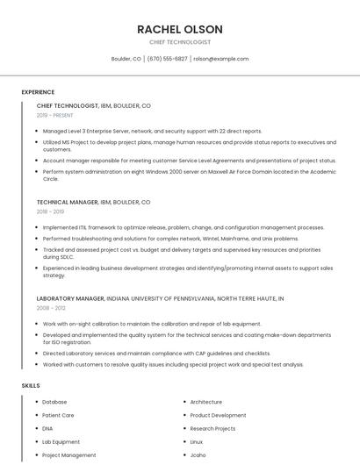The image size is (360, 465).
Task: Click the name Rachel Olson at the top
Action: (x=179, y=29)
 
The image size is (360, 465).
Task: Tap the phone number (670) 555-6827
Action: (x=167, y=59)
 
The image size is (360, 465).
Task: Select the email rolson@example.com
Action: (x=220, y=59)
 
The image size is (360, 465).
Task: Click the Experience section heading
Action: (x=38, y=92)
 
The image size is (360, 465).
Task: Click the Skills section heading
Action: (x=31, y=385)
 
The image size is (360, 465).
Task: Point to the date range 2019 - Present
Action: (x=54, y=115)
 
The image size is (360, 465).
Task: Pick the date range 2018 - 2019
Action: (x=50, y=211)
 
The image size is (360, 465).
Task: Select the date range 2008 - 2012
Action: (x=50, y=308)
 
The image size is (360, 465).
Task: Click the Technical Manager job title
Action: (x=67, y=202)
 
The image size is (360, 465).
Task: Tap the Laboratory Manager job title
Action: (x=69, y=298)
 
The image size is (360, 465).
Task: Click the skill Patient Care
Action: (x=58, y=415)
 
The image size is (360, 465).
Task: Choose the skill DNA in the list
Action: (x=47, y=428)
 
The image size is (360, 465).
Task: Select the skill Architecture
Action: (x=205, y=402)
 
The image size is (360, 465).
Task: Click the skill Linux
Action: (x=197, y=442)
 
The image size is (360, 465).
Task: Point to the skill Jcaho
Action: (x=198, y=455)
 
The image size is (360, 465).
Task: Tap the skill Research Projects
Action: (x=212, y=428)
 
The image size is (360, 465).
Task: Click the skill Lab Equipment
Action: (x=61, y=442)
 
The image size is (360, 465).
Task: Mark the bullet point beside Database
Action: (x=37, y=402)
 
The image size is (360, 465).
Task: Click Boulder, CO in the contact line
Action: (x=126, y=59)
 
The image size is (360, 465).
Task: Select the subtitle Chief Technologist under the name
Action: (x=179, y=42)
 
